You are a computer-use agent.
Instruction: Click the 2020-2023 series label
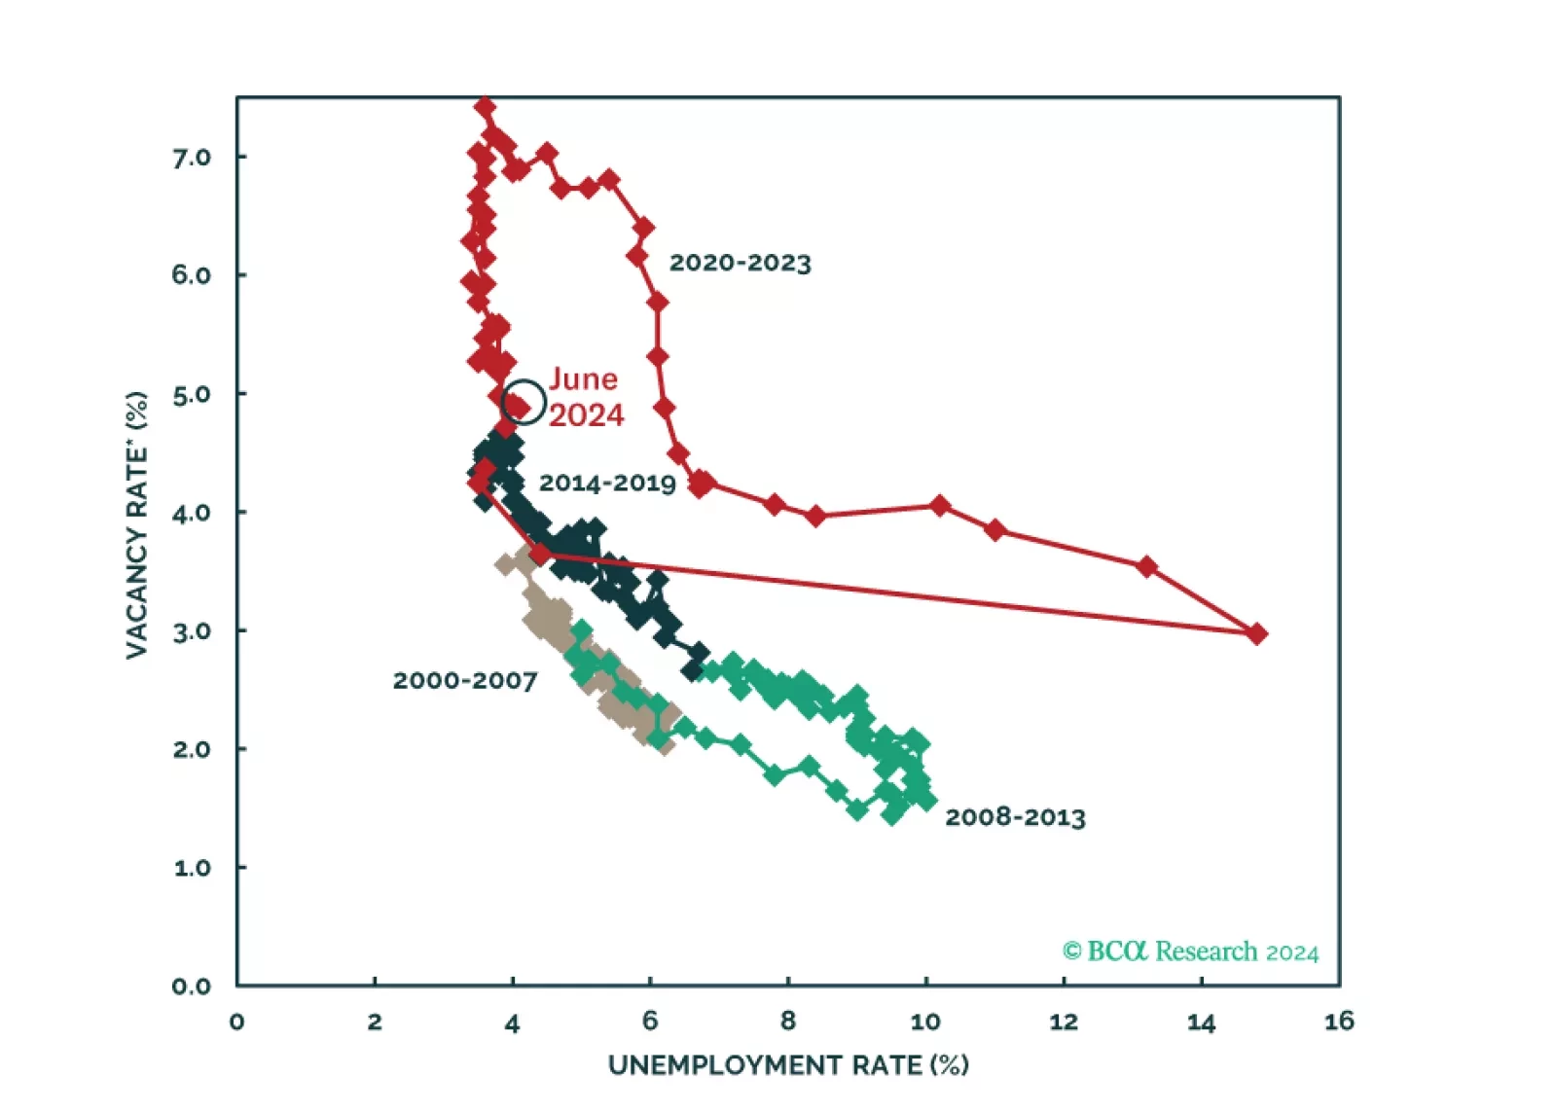tap(740, 263)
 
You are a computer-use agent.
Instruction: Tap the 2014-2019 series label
tap(607, 483)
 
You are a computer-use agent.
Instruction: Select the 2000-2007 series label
tap(464, 680)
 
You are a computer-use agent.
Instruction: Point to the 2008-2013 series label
tap(1015, 817)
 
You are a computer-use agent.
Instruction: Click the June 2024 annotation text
tap(585, 397)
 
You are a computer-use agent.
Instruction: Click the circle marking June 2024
tap(524, 402)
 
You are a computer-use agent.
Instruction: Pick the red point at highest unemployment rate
tap(1256, 634)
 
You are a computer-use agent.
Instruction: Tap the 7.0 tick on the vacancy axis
tap(192, 158)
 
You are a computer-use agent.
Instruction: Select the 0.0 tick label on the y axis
tap(192, 987)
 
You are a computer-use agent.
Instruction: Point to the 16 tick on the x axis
tap(1339, 1021)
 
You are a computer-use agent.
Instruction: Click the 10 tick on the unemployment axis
tap(925, 1021)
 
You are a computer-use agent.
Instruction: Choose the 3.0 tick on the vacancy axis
tap(192, 631)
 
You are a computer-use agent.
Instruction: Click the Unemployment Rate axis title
tap(788, 1065)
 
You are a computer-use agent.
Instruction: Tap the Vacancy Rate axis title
tap(137, 525)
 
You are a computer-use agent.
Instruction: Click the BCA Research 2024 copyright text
tap(1190, 951)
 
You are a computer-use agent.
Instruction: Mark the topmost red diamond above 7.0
tap(485, 106)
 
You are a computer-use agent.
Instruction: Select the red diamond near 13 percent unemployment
tap(1146, 566)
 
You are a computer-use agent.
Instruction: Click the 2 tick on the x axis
tap(375, 1021)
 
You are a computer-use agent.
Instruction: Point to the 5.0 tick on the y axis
tap(192, 394)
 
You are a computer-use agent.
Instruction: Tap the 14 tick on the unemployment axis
tap(1201, 1021)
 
